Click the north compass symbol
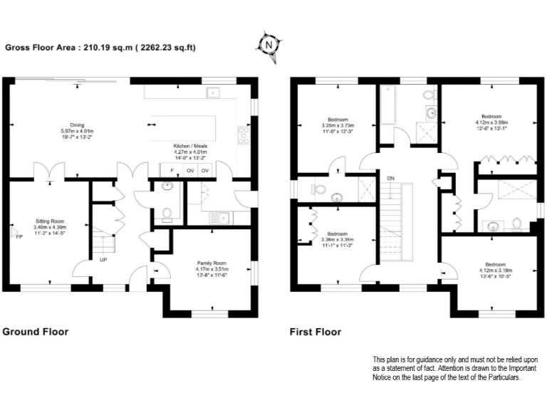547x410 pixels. tap(268, 44)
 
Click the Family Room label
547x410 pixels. tap(211, 263)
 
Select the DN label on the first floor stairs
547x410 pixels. tap(390, 178)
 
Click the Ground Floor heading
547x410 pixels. tap(36, 332)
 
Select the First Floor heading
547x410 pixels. tap(316, 332)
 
